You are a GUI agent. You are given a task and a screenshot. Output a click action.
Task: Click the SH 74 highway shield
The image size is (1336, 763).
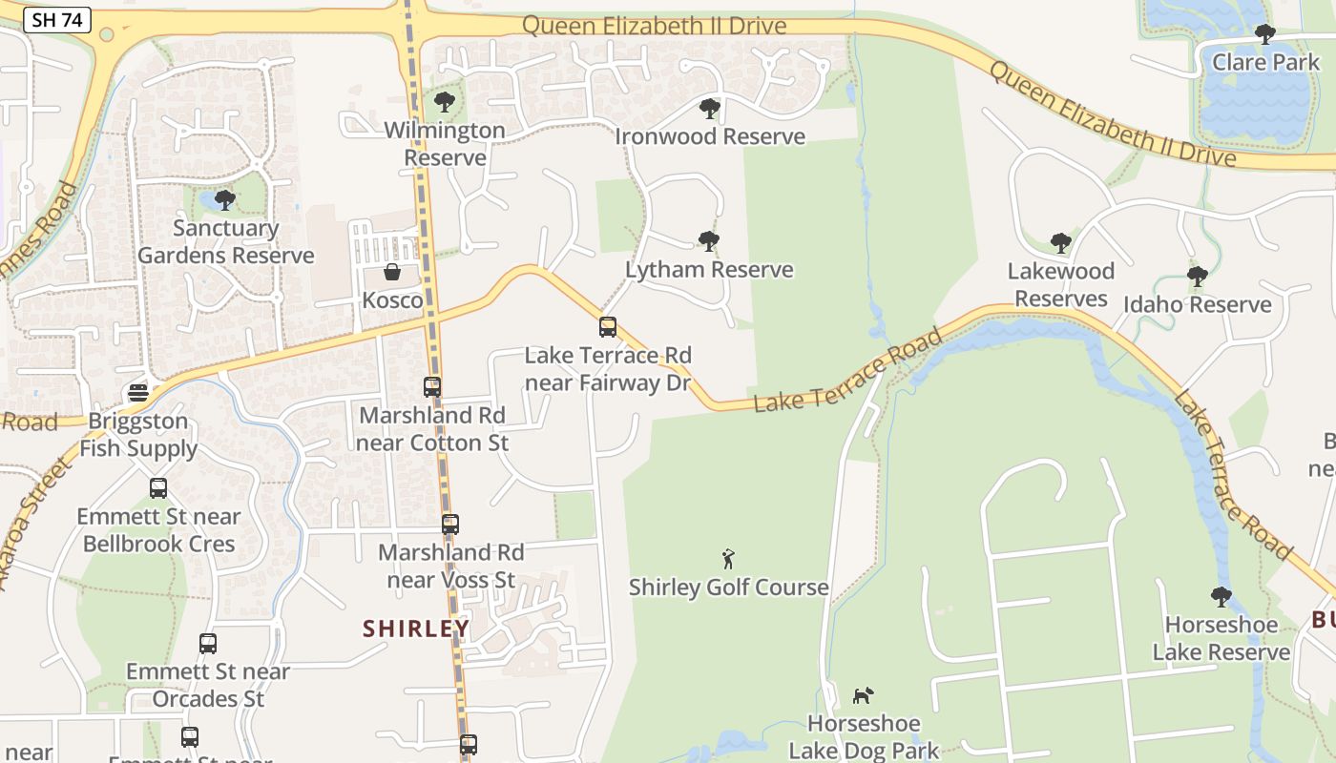pos(57,20)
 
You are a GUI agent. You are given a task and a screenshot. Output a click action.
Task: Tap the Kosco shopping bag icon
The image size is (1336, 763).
pos(392,273)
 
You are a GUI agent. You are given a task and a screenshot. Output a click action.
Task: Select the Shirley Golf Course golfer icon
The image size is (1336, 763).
pos(729,559)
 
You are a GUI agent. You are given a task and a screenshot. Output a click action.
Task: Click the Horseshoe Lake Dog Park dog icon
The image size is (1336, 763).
pos(864,695)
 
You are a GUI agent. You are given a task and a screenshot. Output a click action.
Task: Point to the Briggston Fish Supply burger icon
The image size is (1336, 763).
pos(138,393)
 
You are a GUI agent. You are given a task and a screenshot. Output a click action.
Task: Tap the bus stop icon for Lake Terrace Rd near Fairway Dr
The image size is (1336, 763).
pos(608,327)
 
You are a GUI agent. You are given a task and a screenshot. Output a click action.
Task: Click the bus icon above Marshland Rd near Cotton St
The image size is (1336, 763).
pos(432,387)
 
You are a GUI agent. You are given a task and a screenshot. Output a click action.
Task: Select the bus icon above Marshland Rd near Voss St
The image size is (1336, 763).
pos(450,524)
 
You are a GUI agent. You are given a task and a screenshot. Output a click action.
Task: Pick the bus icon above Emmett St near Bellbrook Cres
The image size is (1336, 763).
pos(158,488)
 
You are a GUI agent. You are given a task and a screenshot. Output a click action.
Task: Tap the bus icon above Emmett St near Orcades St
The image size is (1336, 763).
pos(208,644)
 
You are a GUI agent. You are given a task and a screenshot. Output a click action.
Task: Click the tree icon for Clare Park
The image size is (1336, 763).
pos(1265,34)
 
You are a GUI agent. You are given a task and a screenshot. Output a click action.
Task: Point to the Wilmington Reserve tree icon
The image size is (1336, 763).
pos(444,101)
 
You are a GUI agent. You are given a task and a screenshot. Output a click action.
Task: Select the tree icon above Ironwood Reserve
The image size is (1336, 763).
pos(709,108)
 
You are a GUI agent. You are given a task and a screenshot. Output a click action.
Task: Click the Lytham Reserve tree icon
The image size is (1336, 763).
pos(708,240)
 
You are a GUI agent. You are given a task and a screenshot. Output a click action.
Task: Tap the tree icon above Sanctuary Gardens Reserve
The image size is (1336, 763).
pos(225,200)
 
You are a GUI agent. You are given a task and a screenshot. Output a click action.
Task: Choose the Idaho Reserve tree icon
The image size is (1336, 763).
pos(1198,277)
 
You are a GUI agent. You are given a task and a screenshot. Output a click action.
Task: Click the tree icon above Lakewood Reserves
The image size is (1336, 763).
pos(1060,243)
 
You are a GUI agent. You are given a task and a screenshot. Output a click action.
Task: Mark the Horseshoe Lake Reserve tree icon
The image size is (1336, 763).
pos(1221,597)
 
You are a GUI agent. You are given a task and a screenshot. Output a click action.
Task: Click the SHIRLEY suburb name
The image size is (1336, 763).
pos(416,629)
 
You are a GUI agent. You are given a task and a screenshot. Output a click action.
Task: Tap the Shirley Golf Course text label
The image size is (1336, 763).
pos(728,588)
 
